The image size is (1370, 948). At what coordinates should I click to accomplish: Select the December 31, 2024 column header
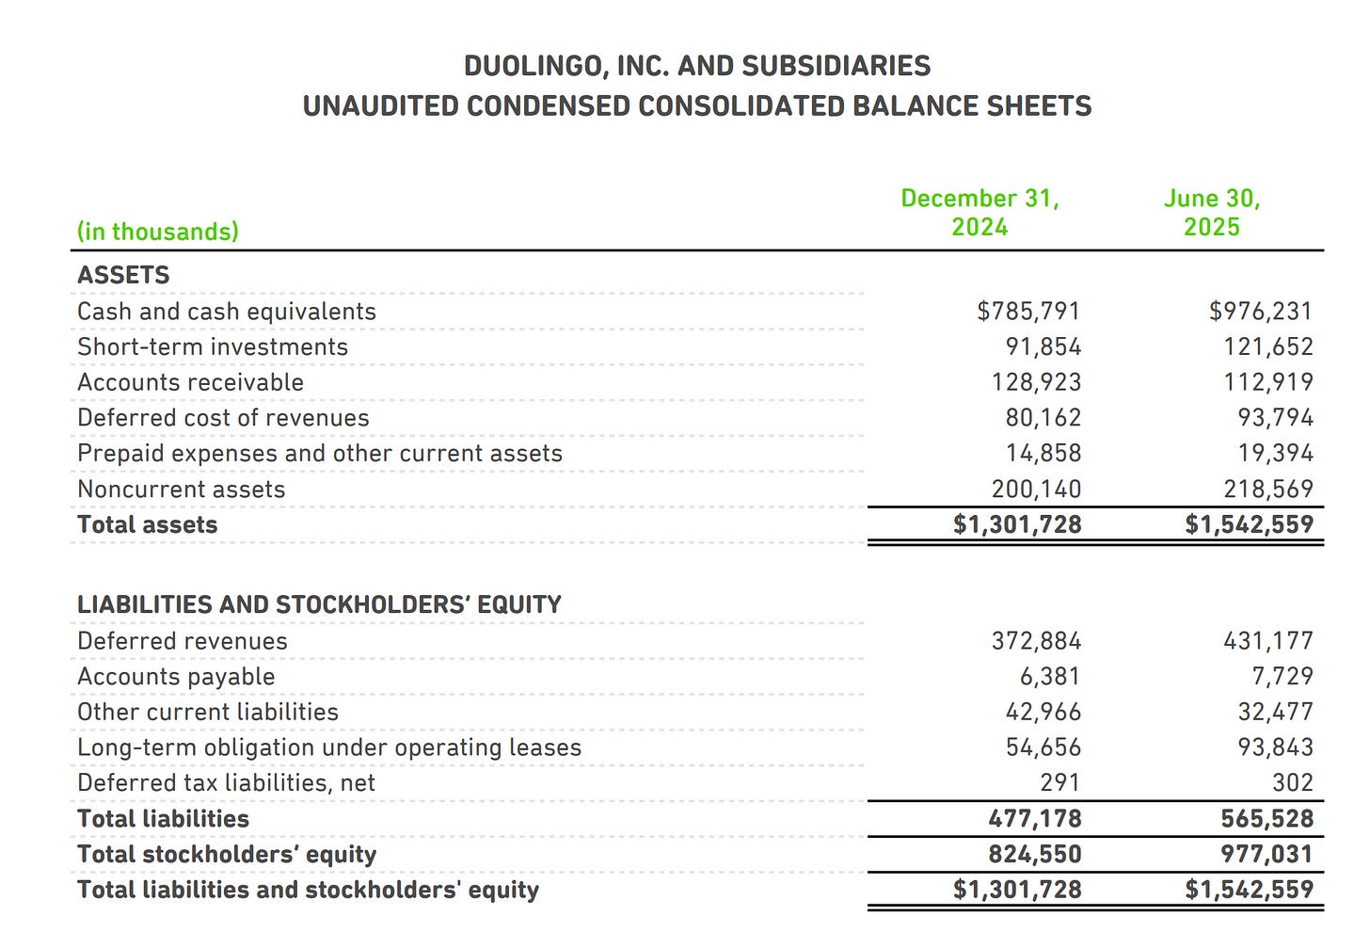tap(980, 213)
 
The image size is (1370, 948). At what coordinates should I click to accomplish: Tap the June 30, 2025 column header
tap(1211, 213)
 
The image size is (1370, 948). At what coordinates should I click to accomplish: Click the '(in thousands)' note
tap(157, 232)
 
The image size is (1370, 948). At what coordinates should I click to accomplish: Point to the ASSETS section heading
tap(123, 275)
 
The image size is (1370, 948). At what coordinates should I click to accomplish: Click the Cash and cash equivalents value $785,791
tap(1028, 311)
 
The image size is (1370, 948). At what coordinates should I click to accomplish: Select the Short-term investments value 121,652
tap(1267, 346)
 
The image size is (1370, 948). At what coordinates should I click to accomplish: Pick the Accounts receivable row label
tap(190, 382)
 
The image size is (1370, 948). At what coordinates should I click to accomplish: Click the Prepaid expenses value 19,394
tap(1275, 454)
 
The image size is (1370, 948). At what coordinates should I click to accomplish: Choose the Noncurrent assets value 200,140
tap(1036, 490)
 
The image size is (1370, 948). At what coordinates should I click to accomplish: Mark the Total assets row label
tap(147, 525)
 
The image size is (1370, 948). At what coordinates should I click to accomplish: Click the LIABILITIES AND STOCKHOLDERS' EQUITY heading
tap(319, 604)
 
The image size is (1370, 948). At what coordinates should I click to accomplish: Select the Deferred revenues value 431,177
tap(1267, 641)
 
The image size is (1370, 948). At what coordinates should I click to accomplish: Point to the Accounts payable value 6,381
tap(1049, 677)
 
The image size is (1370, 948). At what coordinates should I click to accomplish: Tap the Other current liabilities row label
tap(208, 713)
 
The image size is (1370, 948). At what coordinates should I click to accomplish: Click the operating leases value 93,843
tap(1275, 747)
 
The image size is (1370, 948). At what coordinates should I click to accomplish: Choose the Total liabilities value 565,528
tap(1266, 819)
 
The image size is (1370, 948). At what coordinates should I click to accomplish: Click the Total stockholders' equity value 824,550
tap(1035, 855)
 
